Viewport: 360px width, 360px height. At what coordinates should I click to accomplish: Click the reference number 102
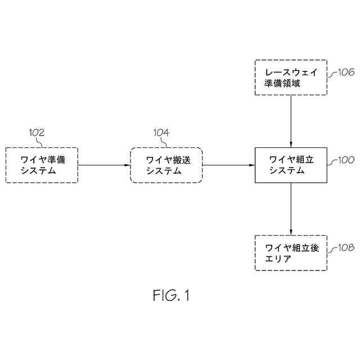pyautogui.click(x=37, y=133)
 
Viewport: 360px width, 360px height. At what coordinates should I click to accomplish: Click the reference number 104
pyautogui.click(x=161, y=133)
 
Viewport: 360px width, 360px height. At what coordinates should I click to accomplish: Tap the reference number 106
pyautogui.click(x=346, y=73)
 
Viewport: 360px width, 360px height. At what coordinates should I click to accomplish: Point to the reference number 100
pyautogui.click(x=346, y=160)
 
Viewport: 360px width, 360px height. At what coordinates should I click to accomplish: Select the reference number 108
pyautogui.click(x=346, y=247)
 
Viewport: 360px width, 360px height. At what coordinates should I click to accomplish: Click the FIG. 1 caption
pyautogui.click(x=171, y=295)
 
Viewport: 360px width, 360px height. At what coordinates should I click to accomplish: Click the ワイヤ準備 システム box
pyautogui.click(x=42, y=165)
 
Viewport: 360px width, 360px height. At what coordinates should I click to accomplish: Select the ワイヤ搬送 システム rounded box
pyautogui.click(x=167, y=165)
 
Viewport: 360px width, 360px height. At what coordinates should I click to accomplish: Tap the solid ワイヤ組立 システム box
pyautogui.click(x=291, y=165)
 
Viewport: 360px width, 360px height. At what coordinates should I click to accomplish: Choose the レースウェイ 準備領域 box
pyautogui.click(x=291, y=76)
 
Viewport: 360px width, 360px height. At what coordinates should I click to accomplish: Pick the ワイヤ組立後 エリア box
pyautogui.click(x=291, y=253)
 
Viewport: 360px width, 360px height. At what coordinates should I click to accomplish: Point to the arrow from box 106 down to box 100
pyautogui.click(x=291, y=120)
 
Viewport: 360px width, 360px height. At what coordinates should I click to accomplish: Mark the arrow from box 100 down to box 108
pyautogui.click(x=291, y=209)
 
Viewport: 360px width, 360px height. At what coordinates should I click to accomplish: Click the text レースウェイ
pyautogui.click(x=291, y=71)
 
